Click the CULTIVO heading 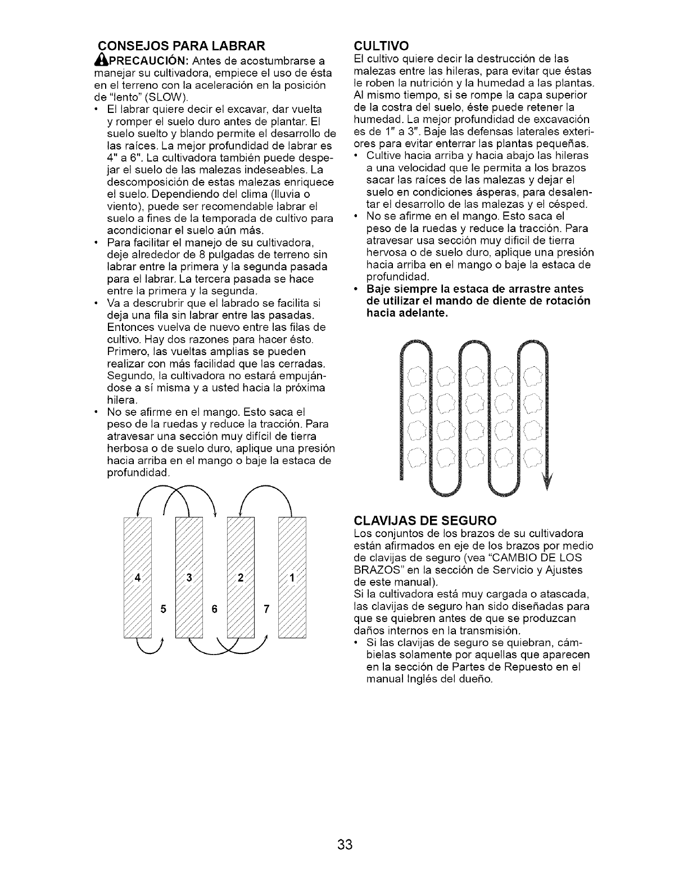point(382,45)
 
